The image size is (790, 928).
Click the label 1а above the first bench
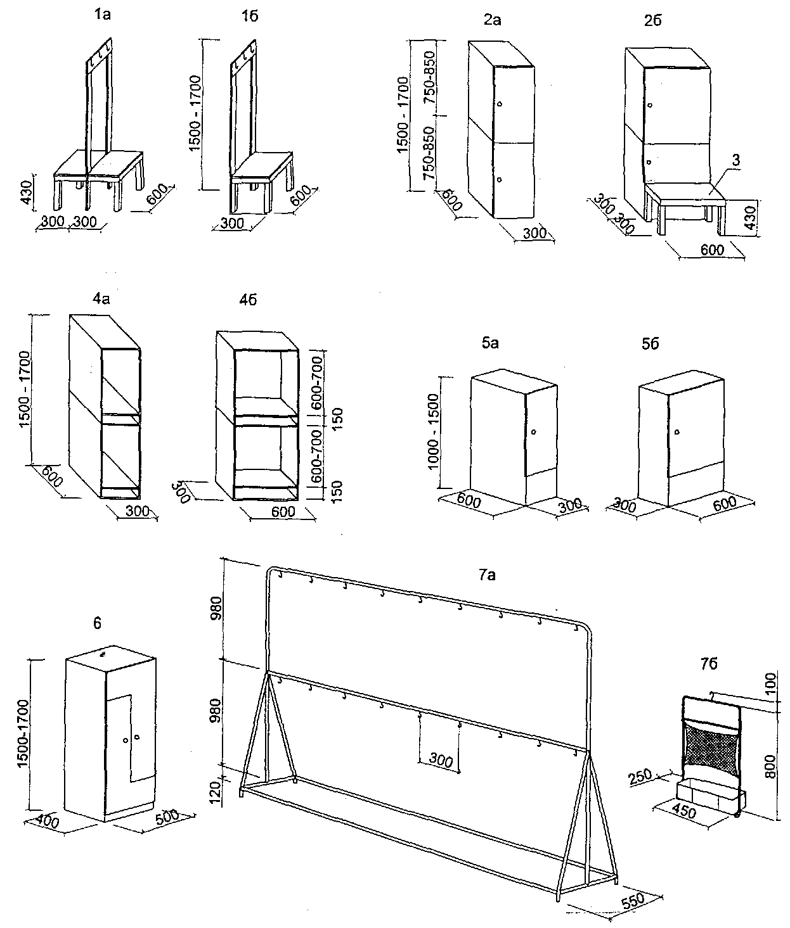click(101, 15)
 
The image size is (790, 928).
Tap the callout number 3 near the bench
click(735, 160)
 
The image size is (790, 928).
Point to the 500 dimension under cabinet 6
click(166, 817)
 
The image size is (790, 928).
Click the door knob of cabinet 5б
click(677, 432)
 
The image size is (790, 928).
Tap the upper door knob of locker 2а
click(500, 104)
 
